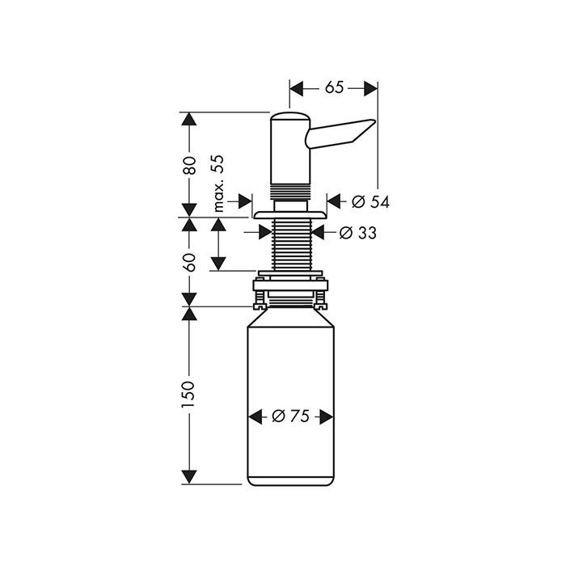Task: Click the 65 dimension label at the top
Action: (x=334, y=87)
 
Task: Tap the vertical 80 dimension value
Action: (x=189, y=166)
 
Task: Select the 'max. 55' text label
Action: (x=218, y=184)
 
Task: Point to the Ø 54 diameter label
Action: (x=370, y=202)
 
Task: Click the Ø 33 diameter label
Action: (x=358, y=233)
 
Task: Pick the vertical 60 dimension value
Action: (x=189, y=263)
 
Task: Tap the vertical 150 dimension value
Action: (x=188, y=395)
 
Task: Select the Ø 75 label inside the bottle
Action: (x=290, y=416)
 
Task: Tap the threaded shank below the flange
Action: (x=292, y=244)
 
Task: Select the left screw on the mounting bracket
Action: (x=260, y=299)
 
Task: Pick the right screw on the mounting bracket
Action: (x=321, y=299)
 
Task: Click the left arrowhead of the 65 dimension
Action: (x=297, y=88)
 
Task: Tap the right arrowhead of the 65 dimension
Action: (x=370, y=88)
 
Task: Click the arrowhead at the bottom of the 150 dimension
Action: (x=189, y=477)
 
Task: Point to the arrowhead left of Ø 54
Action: (x=334, y=201)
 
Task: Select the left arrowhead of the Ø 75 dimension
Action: (x=256, y=417)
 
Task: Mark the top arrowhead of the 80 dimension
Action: (x=189, y=119)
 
